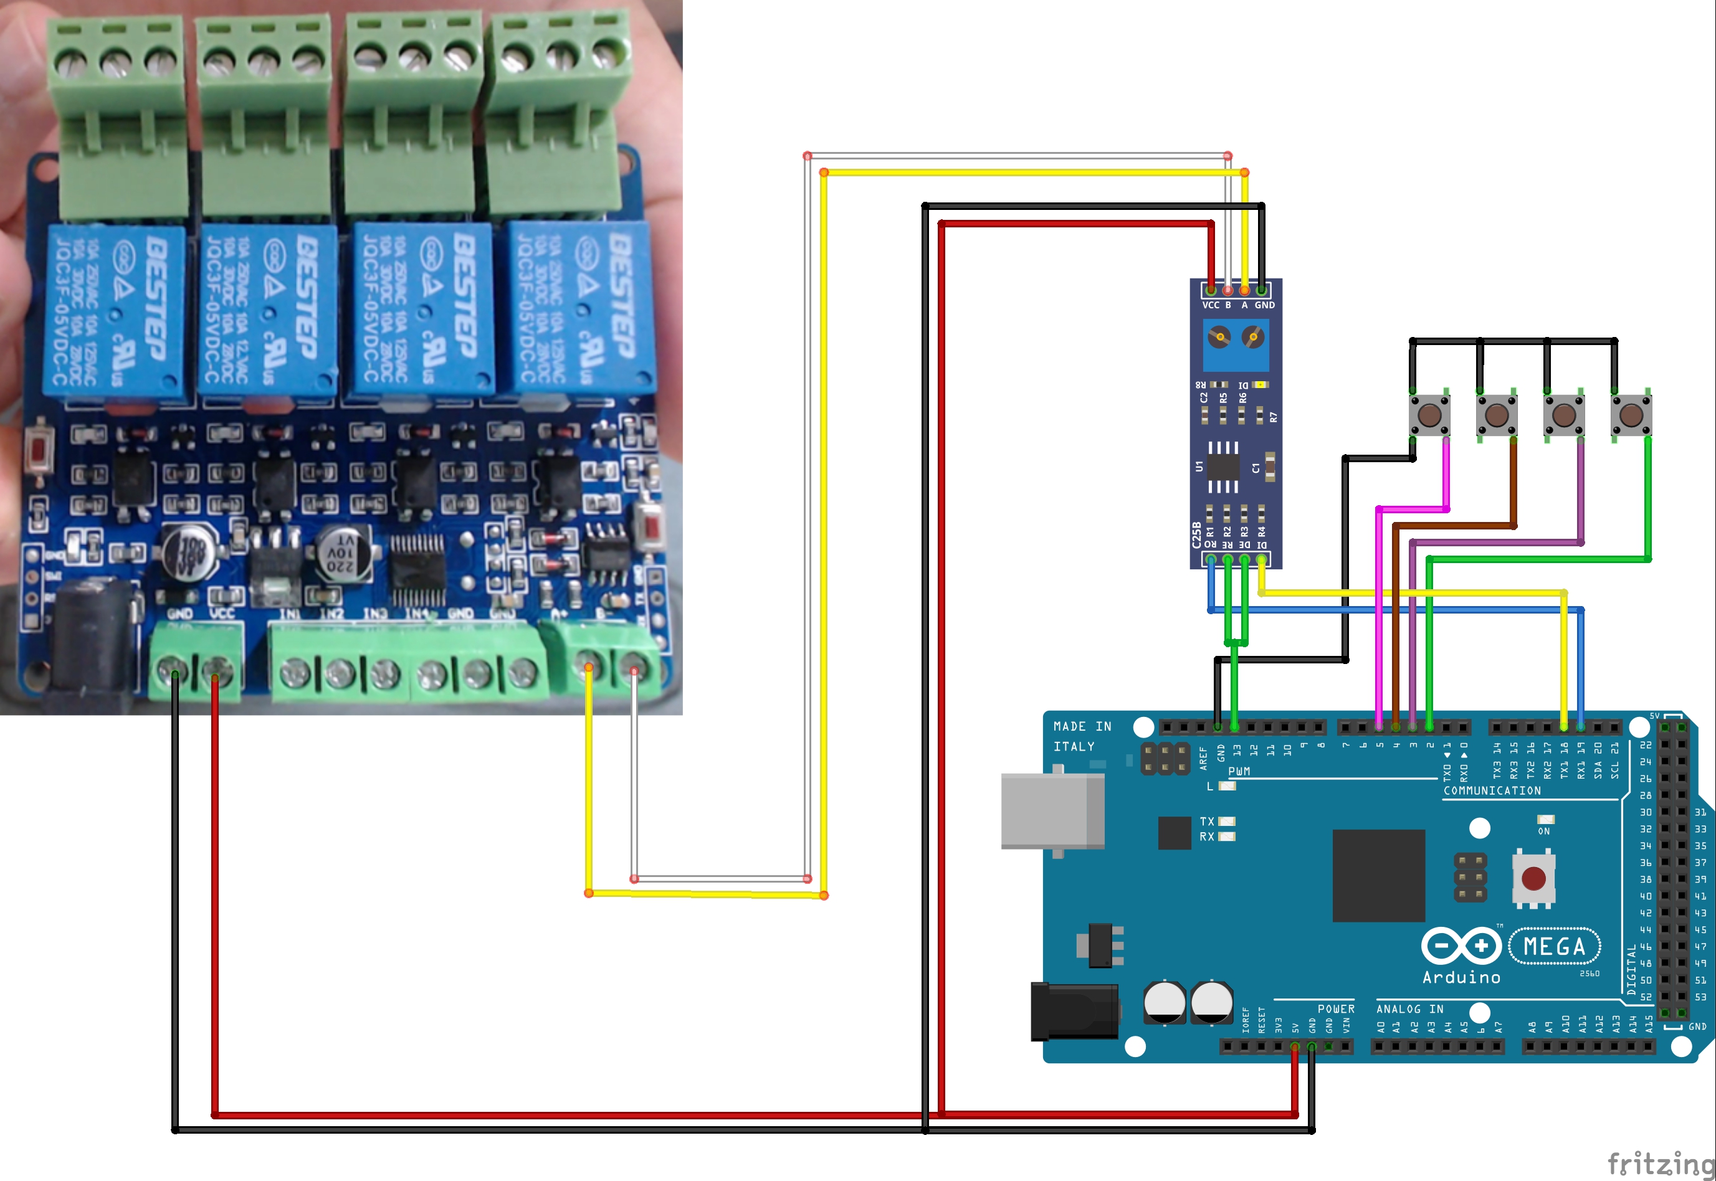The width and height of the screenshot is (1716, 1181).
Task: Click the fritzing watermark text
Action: coord(1661,1162)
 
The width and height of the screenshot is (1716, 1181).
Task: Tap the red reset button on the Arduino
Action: coord(1533,878)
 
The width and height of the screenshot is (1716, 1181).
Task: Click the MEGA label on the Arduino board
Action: coord(1555,946)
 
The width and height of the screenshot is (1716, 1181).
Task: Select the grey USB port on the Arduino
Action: coord(1052,810)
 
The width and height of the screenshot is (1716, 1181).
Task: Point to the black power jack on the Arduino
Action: coord(1074,1011)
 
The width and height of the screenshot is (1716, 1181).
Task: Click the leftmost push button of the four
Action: coord(1429,414)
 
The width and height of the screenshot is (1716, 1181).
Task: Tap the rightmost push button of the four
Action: coord(1631,414)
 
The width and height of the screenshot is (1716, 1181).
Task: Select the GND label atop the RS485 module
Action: coord(1264,305)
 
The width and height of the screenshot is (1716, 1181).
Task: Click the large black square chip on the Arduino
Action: coord(1378,875)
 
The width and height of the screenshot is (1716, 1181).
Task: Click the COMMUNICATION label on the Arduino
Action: coord(1492,790)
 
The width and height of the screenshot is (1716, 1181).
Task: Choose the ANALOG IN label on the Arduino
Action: coord(1409,1008)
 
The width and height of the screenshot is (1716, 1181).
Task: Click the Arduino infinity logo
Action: coord(1461,946)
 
